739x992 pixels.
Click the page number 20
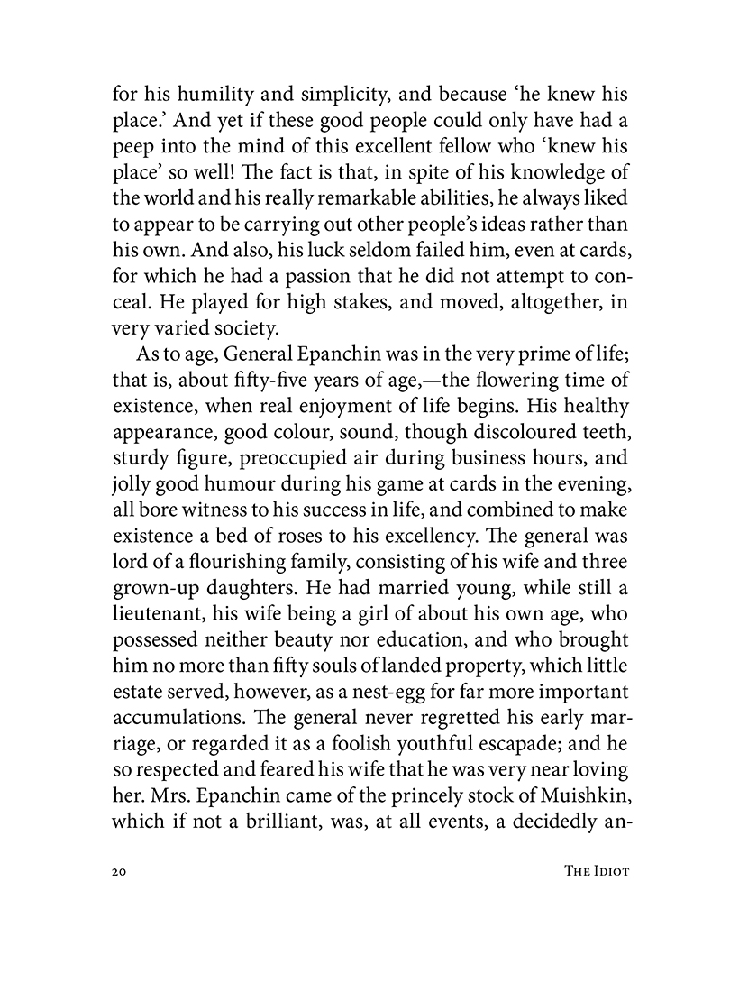coord(123,872)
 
